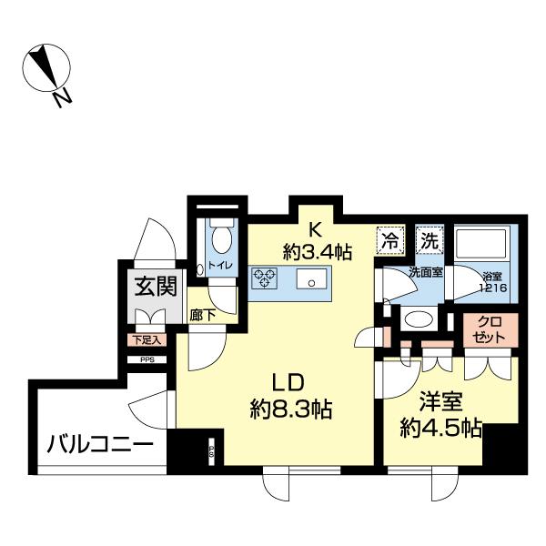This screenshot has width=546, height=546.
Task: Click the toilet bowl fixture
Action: click(221, 239)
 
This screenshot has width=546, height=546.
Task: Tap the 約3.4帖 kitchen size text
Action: click(315, 250)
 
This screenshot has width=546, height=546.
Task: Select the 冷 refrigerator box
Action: click(389, 242)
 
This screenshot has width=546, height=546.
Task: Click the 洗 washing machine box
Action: click(428, 242)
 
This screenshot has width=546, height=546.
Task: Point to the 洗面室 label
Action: click(424, 270)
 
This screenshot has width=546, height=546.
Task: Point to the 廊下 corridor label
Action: click(202, 315)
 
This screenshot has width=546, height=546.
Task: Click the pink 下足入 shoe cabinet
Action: click(144, 340)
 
